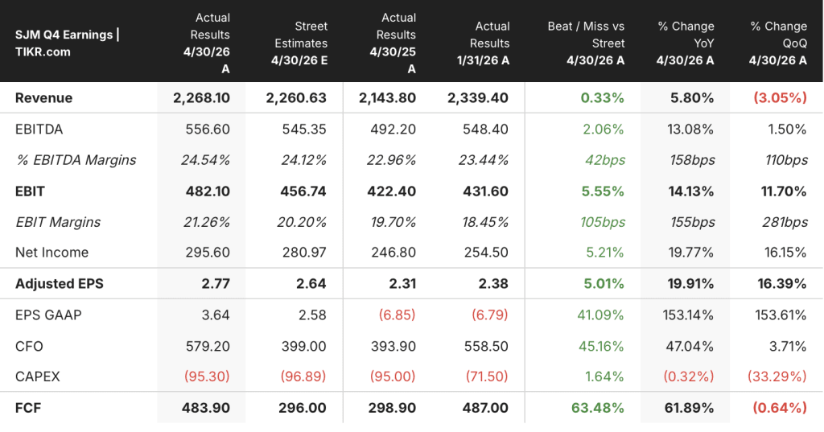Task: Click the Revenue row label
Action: coord(43,98)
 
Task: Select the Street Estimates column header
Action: coord(299,43)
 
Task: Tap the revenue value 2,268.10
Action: coord(201,98)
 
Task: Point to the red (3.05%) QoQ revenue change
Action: coord(780,98)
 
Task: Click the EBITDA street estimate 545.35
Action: coord(304,129)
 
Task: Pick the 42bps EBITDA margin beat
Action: coord(605,160)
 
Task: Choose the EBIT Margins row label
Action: coord(58,222)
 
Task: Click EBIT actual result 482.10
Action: coord(208,191)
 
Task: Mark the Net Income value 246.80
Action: coord(393,253)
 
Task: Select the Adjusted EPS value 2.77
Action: coord(216,283)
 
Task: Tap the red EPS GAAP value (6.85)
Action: coord(397,315)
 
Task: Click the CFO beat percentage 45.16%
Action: coord(601,346)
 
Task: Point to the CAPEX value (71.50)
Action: coord(487,376)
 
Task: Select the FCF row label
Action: coord(28,408)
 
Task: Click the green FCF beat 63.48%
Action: coord(598,408)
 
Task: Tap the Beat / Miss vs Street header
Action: coord(586,43)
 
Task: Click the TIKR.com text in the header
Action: coord(43,51)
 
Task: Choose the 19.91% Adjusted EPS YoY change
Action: coord(690,283)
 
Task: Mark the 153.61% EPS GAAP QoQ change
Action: coord(781,315)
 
